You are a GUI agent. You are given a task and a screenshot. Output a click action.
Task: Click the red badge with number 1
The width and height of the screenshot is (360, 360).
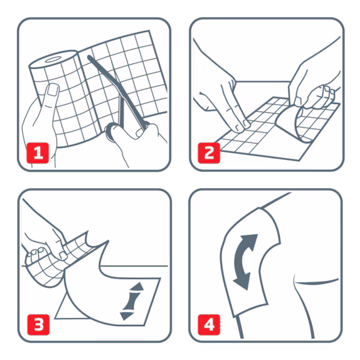click(x=39, y=152)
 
